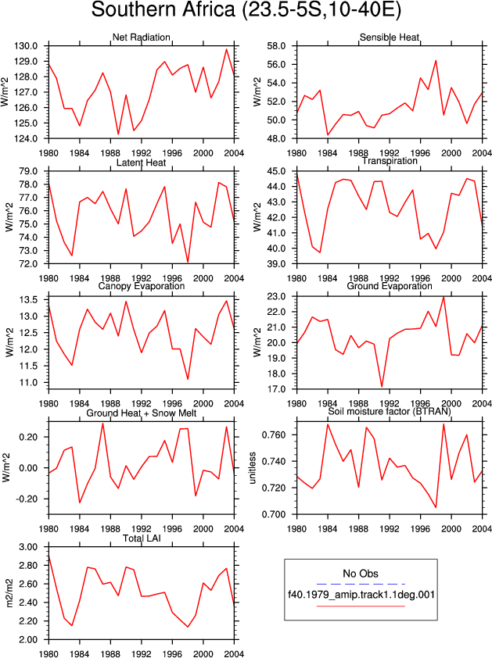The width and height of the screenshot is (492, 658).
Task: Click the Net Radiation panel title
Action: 141,38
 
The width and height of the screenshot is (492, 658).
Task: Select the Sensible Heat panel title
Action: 390,38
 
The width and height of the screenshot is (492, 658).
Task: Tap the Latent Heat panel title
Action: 141,163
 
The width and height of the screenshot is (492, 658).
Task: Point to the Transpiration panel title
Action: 390,161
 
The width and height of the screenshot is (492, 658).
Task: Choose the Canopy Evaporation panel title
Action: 141,286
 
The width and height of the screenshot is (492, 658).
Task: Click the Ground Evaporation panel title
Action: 390,286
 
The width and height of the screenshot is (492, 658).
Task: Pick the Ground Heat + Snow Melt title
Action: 141,413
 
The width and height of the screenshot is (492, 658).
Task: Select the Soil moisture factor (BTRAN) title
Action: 390,412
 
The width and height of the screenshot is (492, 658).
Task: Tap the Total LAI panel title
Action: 142,538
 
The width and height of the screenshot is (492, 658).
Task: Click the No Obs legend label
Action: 361,574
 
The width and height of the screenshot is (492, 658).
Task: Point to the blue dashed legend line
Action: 361,584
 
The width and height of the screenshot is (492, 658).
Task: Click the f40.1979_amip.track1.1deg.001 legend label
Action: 361,594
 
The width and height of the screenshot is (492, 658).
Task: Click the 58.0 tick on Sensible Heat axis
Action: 276,46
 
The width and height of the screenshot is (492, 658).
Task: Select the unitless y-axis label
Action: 253,468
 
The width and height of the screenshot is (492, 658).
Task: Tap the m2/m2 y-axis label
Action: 9,593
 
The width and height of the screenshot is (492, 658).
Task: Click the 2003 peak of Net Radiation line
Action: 227,49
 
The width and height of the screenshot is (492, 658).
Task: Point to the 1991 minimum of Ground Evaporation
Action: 382,387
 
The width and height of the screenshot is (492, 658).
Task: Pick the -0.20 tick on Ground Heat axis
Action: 27,499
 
